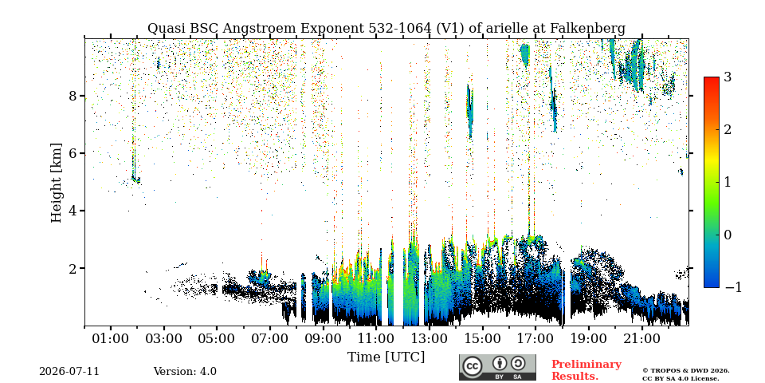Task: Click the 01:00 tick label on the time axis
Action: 111,338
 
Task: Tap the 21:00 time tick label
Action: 641,338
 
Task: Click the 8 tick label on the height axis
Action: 73,95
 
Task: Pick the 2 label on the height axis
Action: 73,268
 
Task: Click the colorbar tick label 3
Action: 728,77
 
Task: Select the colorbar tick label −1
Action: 733,287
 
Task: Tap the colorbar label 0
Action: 728,235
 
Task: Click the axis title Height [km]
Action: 57,183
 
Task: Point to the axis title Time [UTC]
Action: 386,357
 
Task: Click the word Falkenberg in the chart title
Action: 588,29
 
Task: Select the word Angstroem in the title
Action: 259,29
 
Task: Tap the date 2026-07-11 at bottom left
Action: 69,372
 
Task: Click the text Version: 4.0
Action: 185,372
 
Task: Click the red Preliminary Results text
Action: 586,370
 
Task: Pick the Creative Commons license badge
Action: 497,367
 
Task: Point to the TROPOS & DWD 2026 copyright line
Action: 685,371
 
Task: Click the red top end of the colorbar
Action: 712,78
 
